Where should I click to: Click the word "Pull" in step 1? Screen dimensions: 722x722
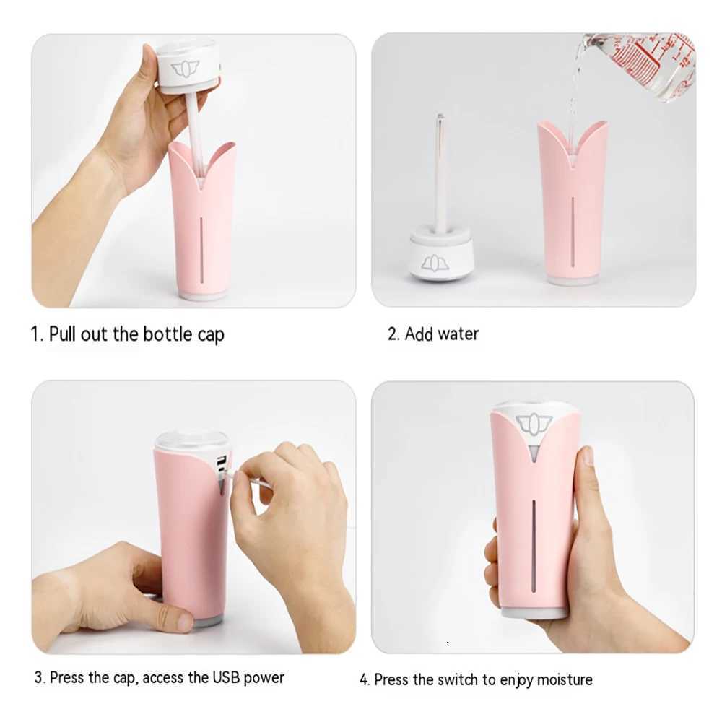tap(63, 334)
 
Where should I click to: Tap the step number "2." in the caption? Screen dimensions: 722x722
tap(393, 334)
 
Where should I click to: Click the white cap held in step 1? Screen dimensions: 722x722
tap(186, 67)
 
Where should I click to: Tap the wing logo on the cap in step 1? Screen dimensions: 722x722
tap(185, 69)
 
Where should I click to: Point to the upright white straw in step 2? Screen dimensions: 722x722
tap(440, 173)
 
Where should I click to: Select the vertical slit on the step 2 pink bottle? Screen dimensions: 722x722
tap(573, 231)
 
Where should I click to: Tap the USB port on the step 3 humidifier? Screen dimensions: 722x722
tap(221, 463)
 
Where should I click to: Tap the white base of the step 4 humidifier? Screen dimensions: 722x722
tap(534, 612)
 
